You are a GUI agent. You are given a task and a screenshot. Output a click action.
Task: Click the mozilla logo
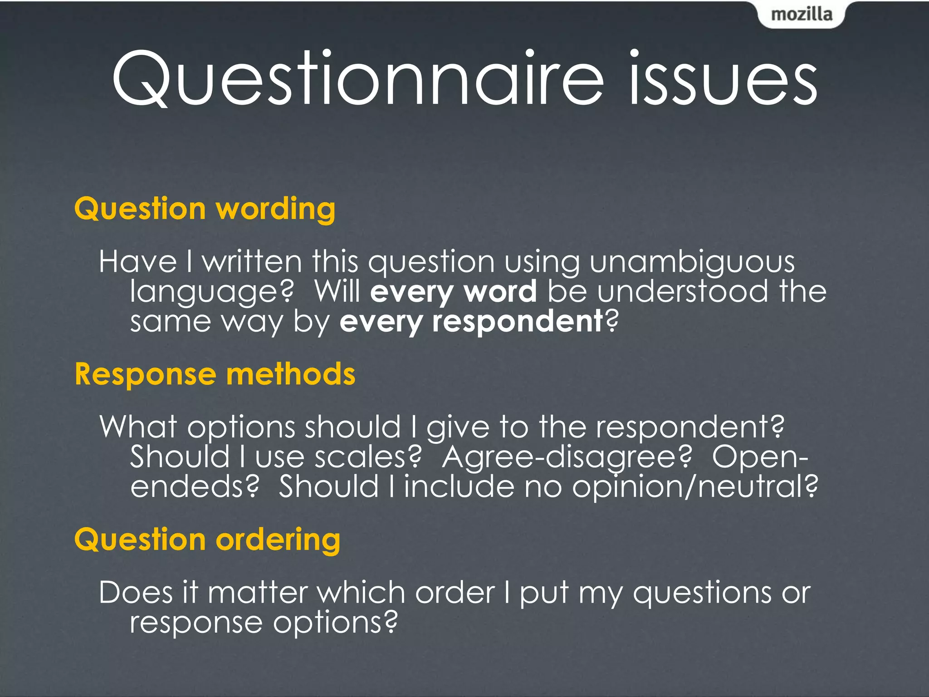[802, 15]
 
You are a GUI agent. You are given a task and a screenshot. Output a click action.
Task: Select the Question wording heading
[205, 209]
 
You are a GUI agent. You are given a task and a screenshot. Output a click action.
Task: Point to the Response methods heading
[215, 374]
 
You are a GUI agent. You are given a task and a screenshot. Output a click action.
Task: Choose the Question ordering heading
[207, 540]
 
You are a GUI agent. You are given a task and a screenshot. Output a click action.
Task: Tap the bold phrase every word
[453, 291]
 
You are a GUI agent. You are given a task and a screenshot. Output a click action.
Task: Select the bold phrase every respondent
[471, 322]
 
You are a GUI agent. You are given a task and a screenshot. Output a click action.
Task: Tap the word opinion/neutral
[694, 487]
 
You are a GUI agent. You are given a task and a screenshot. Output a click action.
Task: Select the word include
[459, 486]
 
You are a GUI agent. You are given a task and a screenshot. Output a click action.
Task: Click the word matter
[258, 593]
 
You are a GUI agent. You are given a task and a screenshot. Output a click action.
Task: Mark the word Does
[136, 593]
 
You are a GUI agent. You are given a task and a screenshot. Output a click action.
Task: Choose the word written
[252, 262]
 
